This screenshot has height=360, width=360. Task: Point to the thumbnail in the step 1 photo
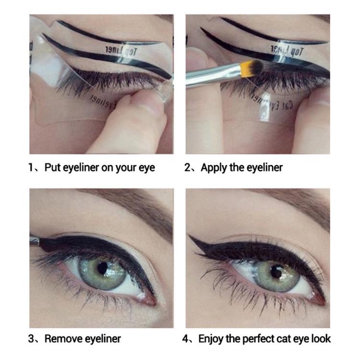click(155, 106)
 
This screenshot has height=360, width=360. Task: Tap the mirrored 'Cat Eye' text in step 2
click(272, 104)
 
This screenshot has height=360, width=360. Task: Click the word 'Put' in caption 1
click(52, 168)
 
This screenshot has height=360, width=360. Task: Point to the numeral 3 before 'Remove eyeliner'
click(32, 339)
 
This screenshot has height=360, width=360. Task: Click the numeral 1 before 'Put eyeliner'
click(32, 168)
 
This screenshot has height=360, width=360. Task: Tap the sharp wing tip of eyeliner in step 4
click(190, 236)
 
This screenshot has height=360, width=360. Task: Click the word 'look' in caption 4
click(320, 339)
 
